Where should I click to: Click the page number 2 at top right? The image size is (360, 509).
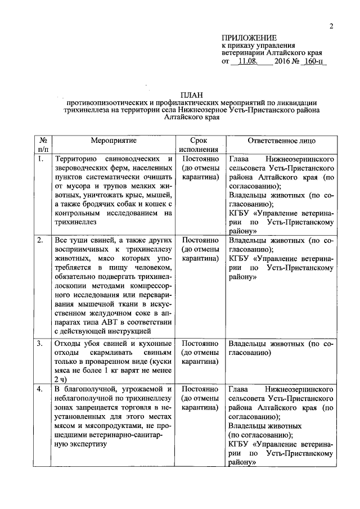tap(331, 26)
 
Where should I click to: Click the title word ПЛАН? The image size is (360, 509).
tap(190, 95)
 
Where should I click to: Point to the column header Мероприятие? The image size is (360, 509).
tap(114, 141)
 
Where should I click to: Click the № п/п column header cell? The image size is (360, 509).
tap(43, 145)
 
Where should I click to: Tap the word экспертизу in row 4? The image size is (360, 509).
tap(77, 443)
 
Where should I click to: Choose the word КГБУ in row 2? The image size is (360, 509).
tap(240, 259)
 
